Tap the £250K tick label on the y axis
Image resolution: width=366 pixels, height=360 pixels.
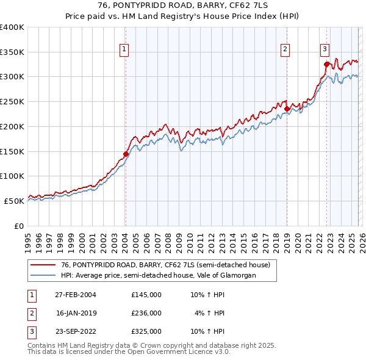pyautogui.click(x=12, y=101)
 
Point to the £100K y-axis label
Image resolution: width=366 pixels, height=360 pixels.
pyautogui.click(x=12, y=176)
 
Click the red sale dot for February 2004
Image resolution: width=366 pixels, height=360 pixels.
pyautogui.click(x=126, y=154)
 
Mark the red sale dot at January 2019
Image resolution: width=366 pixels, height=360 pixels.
pyautogui.click(x=287, y=109)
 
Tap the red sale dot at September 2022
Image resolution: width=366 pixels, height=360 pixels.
pyautogui.click(x=326, y=64)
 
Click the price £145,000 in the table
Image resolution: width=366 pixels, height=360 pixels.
pyautogui.click(x=146, y=294)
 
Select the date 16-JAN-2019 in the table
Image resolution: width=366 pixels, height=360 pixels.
pyautogui.click(x=76, y=313)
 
